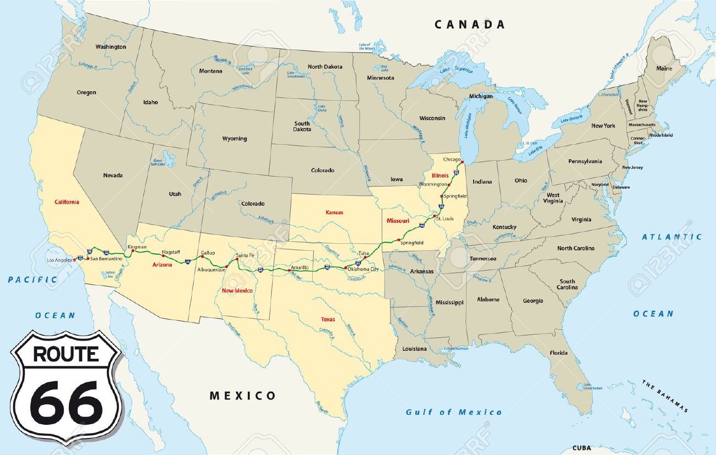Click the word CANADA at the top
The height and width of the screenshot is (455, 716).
pos(469,24)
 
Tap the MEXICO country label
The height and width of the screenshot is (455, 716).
pos(243,396)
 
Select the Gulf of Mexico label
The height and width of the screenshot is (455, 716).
pos(454,412)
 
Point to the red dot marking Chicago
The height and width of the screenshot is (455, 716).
pos(463,162)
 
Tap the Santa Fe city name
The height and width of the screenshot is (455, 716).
pos(245,255)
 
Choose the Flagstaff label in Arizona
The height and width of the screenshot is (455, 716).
pos(171,253)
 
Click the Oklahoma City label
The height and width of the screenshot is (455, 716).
pos(363,269)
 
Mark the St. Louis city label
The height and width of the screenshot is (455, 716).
pos(444,219)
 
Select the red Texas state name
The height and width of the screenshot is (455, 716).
pos(328,319)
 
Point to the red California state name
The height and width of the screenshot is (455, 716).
pos(67,202)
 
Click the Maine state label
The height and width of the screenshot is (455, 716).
pos(664,69)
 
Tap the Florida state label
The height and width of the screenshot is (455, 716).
pos(558,353)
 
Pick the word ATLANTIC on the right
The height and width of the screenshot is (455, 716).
pos(672,237)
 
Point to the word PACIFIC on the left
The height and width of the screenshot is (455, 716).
pos(32,279)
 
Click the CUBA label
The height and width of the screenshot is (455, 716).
pos(582,448)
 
